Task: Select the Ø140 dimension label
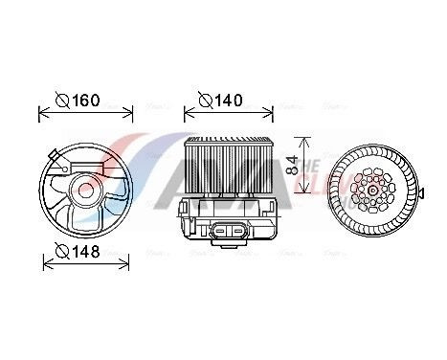(x=223, y=99)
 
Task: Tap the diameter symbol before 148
(x=60, y=252)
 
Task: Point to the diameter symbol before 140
(x=204, y=99)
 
